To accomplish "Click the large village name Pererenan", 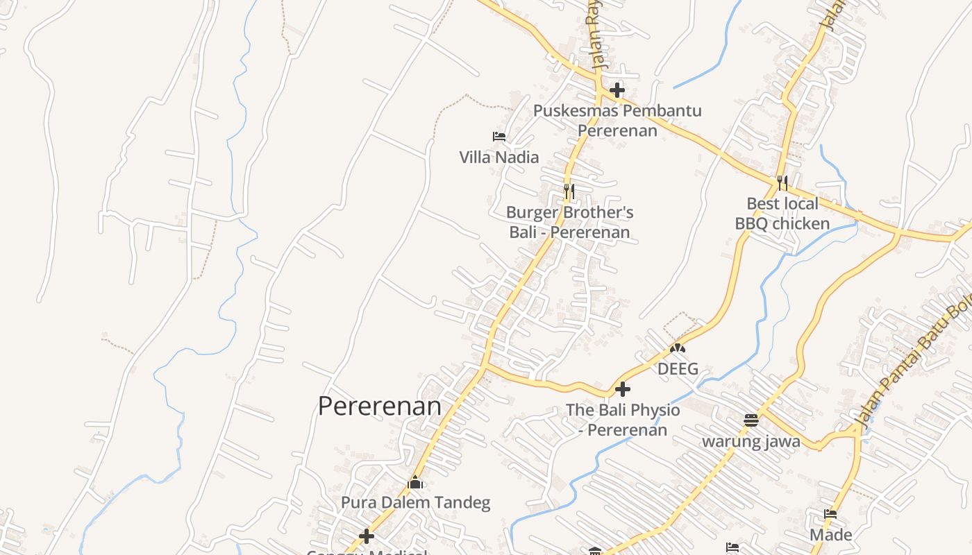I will point(379,407).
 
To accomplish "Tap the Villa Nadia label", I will point(498,157).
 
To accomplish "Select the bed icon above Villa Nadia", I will point(498,136).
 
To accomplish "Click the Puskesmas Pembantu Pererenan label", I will point(617,120).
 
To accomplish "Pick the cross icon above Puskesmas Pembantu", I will point(617,90).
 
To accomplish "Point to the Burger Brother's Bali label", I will point(569,222).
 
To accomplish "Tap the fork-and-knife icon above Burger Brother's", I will point(569,190).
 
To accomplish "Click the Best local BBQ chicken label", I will point(782,214).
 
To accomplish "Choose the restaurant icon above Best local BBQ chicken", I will point(782,182).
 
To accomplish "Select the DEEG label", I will point(678,369).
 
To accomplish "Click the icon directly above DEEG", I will point(678,348).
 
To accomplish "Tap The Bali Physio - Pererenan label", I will point(623,420).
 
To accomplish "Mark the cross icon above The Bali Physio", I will point(623,388).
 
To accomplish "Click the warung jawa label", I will point(751,441).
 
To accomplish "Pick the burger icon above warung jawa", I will point(751,420).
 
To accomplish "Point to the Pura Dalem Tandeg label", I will point(415,502).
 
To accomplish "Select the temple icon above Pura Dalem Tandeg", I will point(415,481).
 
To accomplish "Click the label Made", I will point(830,535).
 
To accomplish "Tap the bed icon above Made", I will point(830,514).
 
